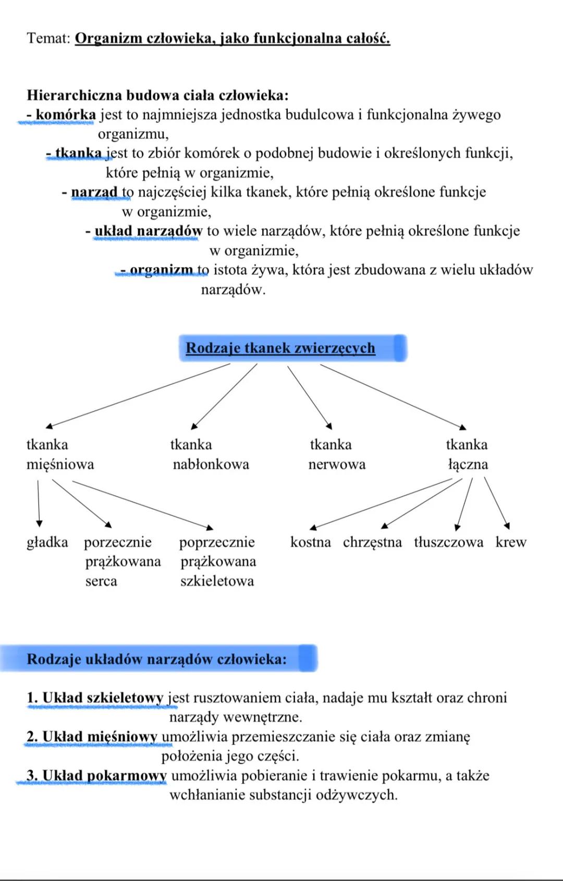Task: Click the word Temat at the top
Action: click(47, 39)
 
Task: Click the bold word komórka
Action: click(66, 115)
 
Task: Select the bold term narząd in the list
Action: click(94, 192)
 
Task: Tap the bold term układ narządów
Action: click(148, 231)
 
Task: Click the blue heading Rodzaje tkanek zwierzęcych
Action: click(280, 348)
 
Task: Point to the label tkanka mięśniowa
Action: click(59, 455)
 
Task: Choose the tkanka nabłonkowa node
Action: click(210, 455)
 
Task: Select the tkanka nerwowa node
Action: click(337, 455)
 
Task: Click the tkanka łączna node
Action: click(468, 455)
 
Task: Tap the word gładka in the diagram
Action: click(47, 542)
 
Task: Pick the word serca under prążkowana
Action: click(101, 581)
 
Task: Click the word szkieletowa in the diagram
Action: click(217, 581)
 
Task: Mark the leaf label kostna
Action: click(310, 542)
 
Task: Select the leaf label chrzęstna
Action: click(372, 542)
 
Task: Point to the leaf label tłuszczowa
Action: click(448, 542)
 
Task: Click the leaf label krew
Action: click(511, 542)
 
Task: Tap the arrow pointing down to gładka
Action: click(39, 503)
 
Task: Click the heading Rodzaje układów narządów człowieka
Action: click(156, 659)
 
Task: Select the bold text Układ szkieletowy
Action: click(102, 698)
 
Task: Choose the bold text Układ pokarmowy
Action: click(104, 776)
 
